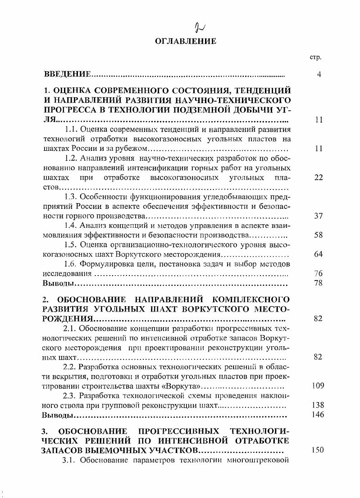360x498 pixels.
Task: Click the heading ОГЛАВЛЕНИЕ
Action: point(186,41)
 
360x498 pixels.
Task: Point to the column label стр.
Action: point(314,58)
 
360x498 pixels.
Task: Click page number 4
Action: point(319,74)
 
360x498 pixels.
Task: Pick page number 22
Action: point(319,178)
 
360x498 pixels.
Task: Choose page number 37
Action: point(319,216)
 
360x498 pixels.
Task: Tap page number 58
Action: point(319,235)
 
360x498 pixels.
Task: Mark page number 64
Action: point(319,254)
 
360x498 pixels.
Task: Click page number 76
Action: point(319,273)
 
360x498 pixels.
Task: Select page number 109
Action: point(318,386)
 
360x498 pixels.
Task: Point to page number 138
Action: point(318,405)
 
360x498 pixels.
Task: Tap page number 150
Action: point(318,450)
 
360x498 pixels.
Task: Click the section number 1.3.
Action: point(70,197)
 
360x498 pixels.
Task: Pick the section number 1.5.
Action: point(70,245)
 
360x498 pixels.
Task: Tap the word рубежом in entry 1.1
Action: point(133,149)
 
